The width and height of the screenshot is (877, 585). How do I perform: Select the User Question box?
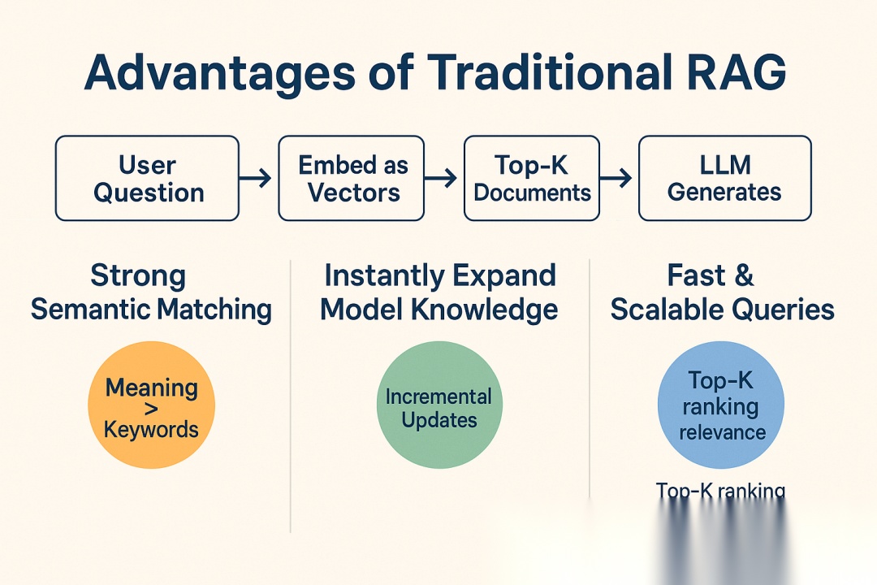click(147, 179)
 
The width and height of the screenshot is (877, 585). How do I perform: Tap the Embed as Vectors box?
click(351, 179)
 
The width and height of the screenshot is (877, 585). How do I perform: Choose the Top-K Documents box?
click(533, 179)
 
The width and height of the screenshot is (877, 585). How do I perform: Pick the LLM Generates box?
click(724, 179)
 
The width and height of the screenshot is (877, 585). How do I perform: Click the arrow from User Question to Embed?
click(257, 179)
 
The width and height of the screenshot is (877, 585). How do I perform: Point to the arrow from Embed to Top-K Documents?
click(443, 179)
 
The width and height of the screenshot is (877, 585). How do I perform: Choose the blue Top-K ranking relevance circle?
click(720, 405)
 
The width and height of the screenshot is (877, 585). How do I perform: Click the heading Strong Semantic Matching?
click(151, 292)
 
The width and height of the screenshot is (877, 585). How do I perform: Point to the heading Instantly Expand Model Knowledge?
click(439, 292)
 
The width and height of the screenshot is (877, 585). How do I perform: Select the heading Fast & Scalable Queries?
click(722, 292)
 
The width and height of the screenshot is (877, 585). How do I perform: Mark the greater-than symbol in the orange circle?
click(152, 407)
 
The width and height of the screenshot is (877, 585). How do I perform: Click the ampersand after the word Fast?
click(743, 276)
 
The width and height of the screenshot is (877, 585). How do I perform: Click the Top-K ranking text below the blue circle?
click(720, 490)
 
